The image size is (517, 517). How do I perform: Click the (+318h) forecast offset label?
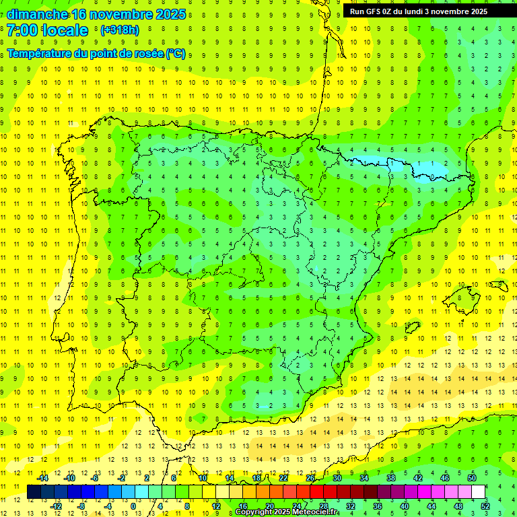coord(119,30)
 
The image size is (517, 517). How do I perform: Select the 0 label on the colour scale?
coord(133,506)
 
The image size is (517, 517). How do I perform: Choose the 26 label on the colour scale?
coord(310,478)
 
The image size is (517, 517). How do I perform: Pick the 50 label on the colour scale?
coord(471,478)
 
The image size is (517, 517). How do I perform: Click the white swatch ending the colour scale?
coord(478,492)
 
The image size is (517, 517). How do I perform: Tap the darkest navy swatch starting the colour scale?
coord(34,492)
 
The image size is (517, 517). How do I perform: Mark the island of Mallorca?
coord(464,297)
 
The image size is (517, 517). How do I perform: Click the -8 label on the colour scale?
coord(82,506)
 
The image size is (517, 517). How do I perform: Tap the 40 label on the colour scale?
coord(404,506)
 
